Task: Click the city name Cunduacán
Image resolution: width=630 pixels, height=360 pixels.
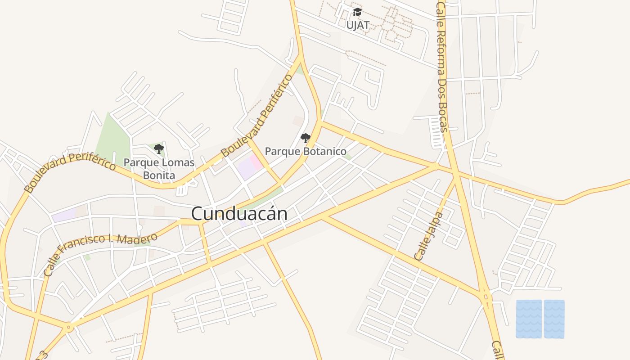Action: [239, 213]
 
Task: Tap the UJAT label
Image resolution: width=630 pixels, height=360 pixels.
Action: [358, 25]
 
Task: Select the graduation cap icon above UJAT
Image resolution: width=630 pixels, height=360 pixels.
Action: [358, 12]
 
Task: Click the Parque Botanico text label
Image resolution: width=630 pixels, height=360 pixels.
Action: [306, 151]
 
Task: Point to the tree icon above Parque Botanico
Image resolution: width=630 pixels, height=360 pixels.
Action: [306, 138]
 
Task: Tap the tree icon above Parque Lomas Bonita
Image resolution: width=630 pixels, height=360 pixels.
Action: [158, 148]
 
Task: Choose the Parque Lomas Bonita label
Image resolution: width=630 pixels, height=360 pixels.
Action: [159, 169]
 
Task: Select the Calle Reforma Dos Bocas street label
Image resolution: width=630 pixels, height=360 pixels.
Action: [441, 67]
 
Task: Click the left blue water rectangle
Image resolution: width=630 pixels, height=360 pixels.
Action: [529, 319]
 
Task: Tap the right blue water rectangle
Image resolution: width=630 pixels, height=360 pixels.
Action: [554, 319]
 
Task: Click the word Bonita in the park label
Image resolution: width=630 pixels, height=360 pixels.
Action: [159, 175]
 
